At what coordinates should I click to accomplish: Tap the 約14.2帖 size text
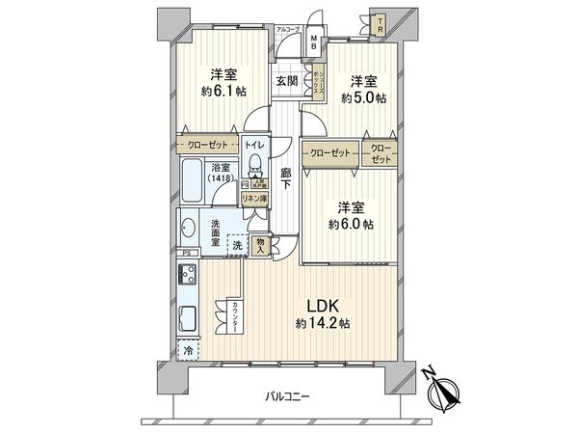coord(323,324)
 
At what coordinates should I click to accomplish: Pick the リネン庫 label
coord(254,198)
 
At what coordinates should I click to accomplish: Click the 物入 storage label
coord(261,245)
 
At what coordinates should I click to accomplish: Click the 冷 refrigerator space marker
coord(187,354)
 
